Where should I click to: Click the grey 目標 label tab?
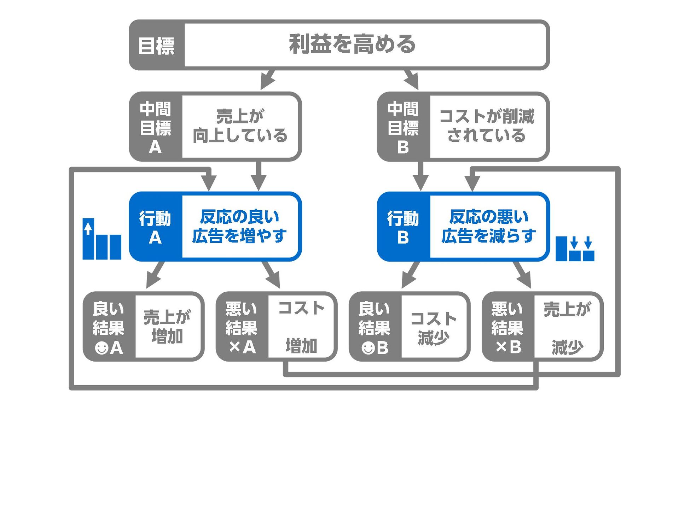tap(156, 45)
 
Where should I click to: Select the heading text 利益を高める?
tap(352, 45)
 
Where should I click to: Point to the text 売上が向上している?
tap(240, 126)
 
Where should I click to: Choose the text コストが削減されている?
tap(487, 126)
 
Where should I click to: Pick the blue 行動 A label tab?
tap(156, 227)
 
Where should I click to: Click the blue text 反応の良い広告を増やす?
tap(240, 227)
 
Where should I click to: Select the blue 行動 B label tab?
tap(403, 227)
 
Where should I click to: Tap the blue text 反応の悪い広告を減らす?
tap(489, 227)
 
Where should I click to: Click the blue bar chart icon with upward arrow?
tap(102, 239)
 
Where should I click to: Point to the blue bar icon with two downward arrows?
tap(575, 249)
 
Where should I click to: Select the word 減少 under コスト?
tap(433, 338)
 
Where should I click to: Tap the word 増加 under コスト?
tap(301, 346)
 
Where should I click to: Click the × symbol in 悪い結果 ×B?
tap(501, 347)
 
